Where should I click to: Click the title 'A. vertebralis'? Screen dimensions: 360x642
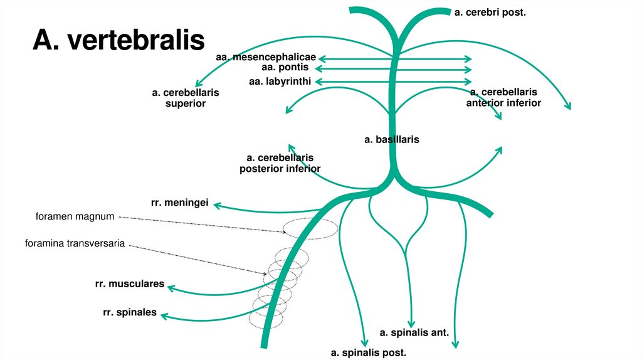118,40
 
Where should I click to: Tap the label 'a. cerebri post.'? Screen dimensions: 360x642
490,12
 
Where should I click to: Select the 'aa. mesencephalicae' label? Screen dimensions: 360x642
265,58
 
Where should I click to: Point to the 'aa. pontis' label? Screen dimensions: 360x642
285,67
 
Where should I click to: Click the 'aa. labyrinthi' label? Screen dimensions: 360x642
280,82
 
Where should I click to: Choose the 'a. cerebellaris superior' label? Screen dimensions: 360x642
186,98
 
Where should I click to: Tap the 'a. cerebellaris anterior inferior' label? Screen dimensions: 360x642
503,97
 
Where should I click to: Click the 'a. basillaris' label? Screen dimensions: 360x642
391,139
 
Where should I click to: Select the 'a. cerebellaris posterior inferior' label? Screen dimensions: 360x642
280,163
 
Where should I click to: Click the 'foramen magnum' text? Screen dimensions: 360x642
75,216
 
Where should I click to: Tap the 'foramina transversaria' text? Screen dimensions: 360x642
75,243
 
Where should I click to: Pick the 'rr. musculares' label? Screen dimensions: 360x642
130,284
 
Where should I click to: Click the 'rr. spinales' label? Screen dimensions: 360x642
130,312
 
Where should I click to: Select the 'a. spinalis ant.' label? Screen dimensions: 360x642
414,332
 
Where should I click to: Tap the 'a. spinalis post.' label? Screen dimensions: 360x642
369,352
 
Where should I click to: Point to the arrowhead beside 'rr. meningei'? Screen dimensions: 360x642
217,204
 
